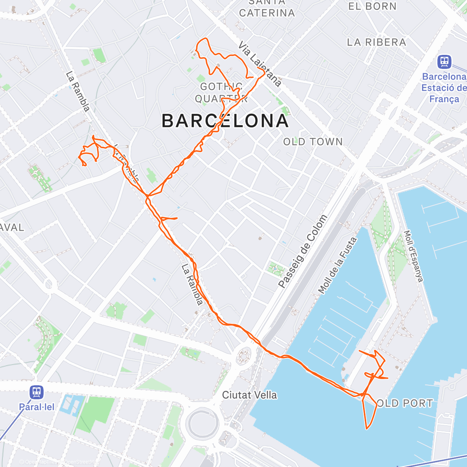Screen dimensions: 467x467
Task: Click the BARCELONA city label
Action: pyautogui.click(x=225, y=121)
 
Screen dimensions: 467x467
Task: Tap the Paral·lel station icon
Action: pyautogui.click(x=37, y=392)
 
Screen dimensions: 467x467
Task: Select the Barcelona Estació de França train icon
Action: pyautogui.click(x=444, y=62)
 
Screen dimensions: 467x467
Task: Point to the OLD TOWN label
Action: pyautogui.click(x=313, y=142)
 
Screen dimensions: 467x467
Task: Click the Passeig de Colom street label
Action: pyautogui.click(x=303, y=251)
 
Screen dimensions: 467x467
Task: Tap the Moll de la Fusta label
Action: pyautogui.click(x=337, y=265)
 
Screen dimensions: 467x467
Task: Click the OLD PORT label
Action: pyautogui.click(x=405, y=403)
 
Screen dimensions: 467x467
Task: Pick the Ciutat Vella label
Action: pyautogui.click(x=249, y=395)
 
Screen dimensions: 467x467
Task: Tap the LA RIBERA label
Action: pyautogui.click(x=376, y=42)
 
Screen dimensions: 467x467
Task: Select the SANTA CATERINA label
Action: pyautogui.click(x=267, y=9)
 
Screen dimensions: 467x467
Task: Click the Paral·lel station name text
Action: pyautogui.click(x=37, y=407)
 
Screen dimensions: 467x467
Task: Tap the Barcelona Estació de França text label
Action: pyautogui.click(x=444, y=88)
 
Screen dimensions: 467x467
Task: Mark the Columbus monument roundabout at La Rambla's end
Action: pyautogui.click(x=244, y=355)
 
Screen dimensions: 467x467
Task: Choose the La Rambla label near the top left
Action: pyautogui.click(x=77, y=91)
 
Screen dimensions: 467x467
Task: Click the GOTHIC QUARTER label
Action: pyautogui.click(x=221, y=93)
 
